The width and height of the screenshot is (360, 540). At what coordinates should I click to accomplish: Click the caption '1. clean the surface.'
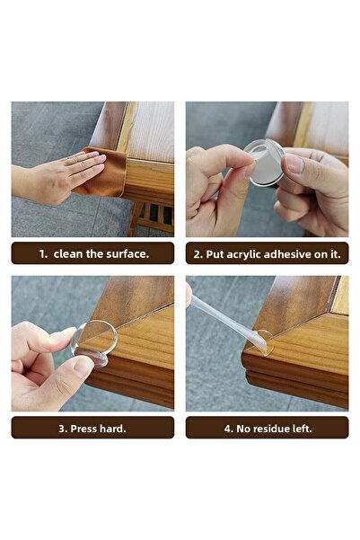tap(92, 253)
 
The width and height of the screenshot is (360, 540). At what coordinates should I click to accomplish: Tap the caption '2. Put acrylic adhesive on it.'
tap(267, 253)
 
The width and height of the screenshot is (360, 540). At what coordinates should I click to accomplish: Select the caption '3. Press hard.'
tap(92, 428)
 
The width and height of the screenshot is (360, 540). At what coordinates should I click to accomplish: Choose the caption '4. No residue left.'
tap(267, 428)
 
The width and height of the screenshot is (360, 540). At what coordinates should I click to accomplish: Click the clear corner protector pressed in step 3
tap(95, 342)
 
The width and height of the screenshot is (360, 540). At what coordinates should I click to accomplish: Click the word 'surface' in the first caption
tap(126, 253)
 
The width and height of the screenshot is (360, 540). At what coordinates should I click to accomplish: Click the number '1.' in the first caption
tap(42, 253)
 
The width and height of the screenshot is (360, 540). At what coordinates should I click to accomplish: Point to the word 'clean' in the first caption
tap(69, 253)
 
